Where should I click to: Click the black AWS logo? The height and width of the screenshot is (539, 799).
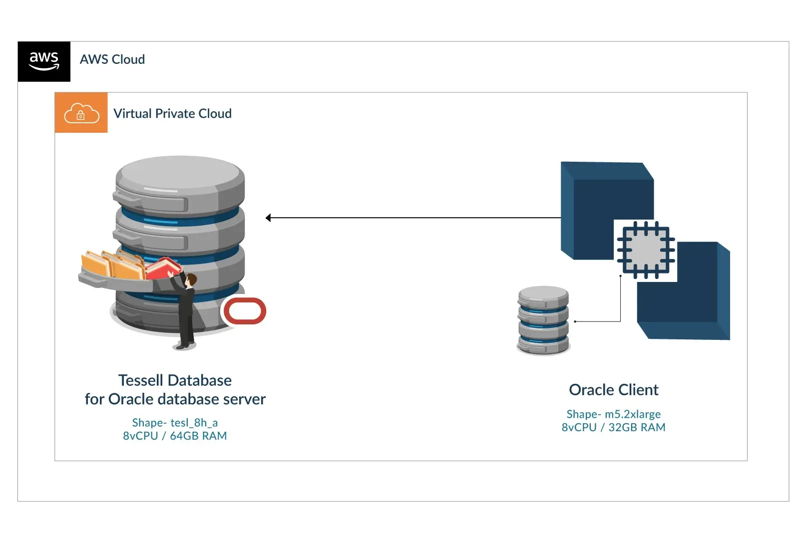(44, 61)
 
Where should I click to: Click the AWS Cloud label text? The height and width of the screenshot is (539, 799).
(112, 59)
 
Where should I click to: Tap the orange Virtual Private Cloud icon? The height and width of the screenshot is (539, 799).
(81, 113)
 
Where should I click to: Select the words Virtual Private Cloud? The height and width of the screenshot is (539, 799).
(172, 114)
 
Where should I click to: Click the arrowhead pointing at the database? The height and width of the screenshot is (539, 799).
(269, 218)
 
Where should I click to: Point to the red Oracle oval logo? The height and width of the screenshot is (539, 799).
(245, 311)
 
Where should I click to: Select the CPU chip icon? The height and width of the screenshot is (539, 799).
(646, 250)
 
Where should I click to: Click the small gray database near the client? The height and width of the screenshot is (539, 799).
(543, 320)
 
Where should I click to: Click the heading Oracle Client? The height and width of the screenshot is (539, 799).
(613, 390)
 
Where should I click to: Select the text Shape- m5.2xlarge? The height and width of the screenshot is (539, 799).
(613, 414)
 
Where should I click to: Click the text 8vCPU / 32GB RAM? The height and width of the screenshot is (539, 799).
(613, 428)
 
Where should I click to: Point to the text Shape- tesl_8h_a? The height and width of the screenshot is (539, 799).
(175, 423)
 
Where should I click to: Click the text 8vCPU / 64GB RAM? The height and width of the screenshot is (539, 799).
(175, 436)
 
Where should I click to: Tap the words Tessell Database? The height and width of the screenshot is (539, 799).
(175, 380)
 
